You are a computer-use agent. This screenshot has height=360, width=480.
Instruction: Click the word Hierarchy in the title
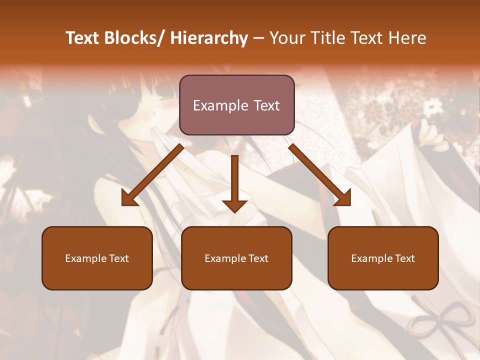(x=208, y=38)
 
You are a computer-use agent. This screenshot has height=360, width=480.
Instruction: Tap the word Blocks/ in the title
(x=134, y=38)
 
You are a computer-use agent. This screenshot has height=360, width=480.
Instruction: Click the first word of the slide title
(x=83, y=38)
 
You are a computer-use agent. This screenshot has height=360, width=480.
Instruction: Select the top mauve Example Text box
(x=236, y=105)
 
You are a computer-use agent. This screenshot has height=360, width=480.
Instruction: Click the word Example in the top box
(x=220, y=105)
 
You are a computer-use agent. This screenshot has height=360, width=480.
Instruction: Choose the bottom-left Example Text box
(x=97, y=258)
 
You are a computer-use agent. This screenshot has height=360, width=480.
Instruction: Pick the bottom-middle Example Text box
(x=236, y=258)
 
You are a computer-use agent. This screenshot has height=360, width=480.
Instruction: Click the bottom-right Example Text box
(x=383, y=258)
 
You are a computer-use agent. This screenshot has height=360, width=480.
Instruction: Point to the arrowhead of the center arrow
(x=234, y=206)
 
